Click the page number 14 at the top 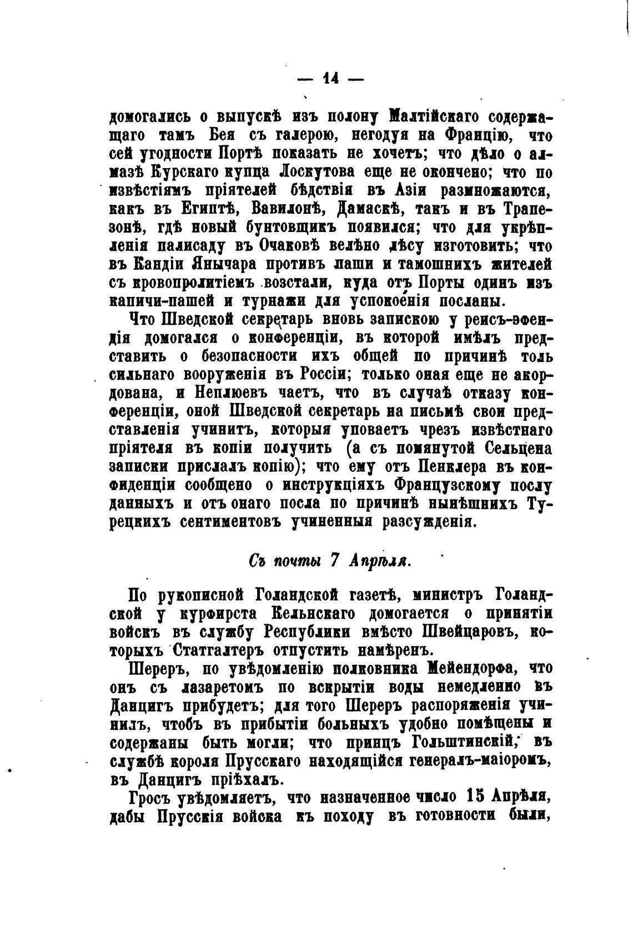tap(330, 79)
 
